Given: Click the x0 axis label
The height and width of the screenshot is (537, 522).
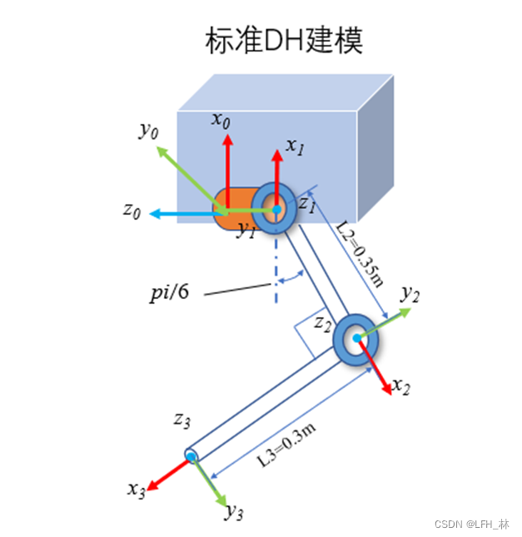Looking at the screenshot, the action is [x=221, y=120].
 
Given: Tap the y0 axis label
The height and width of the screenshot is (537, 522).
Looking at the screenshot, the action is [x=148, y=130].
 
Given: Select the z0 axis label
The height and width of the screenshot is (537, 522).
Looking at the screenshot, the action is [x=132, y=210].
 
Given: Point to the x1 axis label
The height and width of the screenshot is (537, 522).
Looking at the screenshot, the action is [x=295, y=145].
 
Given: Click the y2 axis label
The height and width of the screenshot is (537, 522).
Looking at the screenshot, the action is [x=410, y=293].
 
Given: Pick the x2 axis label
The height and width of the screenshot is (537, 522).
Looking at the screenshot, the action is [x=401, y=385].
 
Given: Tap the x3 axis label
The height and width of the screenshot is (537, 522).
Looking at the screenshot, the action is [x=137, y=489].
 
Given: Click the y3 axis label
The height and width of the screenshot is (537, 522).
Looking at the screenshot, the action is [x=234, y=511].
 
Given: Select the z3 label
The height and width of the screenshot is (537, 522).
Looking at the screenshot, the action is [x=182, y=420].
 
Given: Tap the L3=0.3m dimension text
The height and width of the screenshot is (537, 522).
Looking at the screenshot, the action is [x=284, y=440].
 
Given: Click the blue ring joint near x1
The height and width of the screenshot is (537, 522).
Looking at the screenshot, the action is [x=275, y=208].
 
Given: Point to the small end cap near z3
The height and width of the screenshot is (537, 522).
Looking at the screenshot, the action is [x=191, y=455].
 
